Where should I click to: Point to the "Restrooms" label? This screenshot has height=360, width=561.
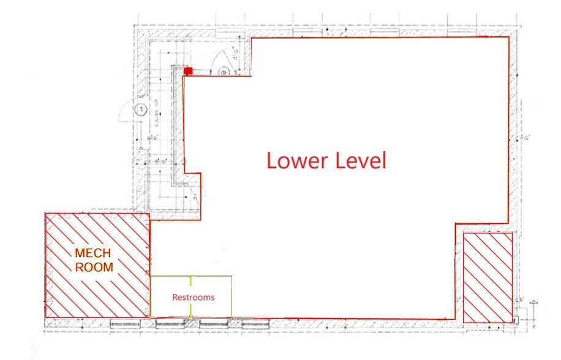(193, 298)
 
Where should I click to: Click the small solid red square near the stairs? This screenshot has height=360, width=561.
(189, 71)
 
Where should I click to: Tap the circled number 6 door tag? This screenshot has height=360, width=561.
(224, 72)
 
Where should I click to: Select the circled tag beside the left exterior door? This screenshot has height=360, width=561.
(140, 110)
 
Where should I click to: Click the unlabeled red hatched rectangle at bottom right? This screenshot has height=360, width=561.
(488, 277)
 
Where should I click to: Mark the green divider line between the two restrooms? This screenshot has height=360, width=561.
(191, 297)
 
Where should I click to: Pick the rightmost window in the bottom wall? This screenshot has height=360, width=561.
(254, 323)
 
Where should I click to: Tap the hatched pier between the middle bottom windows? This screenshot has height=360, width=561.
(189, 323)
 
